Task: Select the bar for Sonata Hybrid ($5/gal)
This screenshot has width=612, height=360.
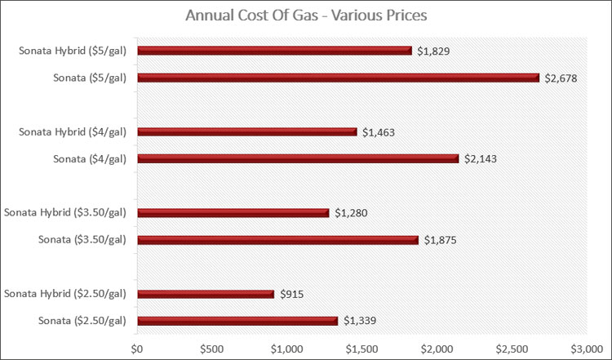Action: [x=274, y=51]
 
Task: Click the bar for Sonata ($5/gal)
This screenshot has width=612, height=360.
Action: [x=338, y=78]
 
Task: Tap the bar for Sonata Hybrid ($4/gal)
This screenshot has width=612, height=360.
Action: [x=246, y=131]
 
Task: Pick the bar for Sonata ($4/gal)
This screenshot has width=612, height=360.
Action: [x=298, y=158]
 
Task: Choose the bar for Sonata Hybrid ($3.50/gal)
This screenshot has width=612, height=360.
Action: [x=233, y=213]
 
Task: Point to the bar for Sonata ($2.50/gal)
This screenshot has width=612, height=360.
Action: [x=237, y=321]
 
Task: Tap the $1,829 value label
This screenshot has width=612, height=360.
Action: [x=433, y=51]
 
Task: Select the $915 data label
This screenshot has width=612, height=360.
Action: [x=292, y=294]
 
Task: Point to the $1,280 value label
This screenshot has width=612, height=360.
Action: [x=351, y=213]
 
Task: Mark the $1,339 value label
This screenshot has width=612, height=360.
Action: [x=360, y=321]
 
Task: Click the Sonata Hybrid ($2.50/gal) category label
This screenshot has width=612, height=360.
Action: [x=65, y=294]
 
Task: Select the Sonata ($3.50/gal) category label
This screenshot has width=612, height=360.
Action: [x=82, y=240]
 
